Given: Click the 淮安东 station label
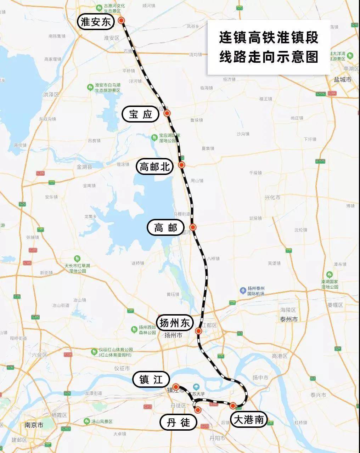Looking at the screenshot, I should click(x=96, y=22).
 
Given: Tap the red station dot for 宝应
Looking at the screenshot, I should click(x=167, y=113).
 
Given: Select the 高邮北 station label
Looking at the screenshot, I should click(x=155, y=166).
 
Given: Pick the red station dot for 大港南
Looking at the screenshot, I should click(x=233, y=406).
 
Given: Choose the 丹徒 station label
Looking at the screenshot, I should click(x=179, y=422).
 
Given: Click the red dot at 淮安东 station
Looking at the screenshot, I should click(x=122, y=21).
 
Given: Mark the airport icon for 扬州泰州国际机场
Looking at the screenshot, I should click(x=243, y=291).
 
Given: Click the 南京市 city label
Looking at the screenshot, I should click(x=34, y=425).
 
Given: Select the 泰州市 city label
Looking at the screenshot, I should click(x=289, y=319).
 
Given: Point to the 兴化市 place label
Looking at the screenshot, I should click(x=272, y=197).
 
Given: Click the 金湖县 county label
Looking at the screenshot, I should click(x=84, y=166).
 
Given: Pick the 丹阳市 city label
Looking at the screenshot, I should click(x=217, y=438).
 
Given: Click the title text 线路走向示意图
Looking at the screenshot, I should click(x=269, y=57).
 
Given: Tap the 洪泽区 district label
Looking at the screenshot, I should click(x=51, y=95).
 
